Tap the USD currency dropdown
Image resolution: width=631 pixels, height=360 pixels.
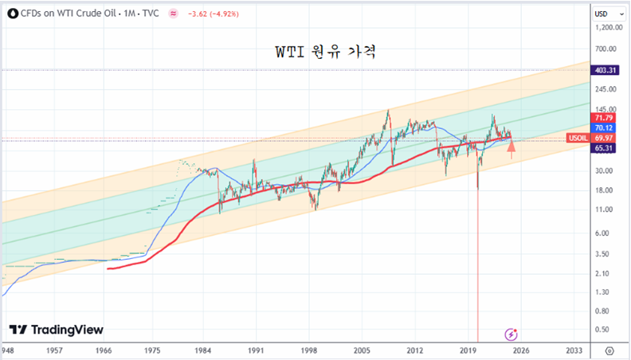[x=606, y=14]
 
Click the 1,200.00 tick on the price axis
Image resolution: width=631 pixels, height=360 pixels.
[x=606, y=28]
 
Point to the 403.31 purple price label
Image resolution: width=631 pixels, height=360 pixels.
[x=606, y=70]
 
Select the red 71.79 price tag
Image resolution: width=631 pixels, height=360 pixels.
[x=604, y=118]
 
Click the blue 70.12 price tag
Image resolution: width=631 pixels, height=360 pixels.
[x=604, y=127]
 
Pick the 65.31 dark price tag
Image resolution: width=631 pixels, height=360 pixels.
[x=604, y=148]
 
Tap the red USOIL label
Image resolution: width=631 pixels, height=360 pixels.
[x=578, y=139]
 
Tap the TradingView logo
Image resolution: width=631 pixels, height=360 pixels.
[x=57, y=330]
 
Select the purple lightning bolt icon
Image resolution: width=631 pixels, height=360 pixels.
[x=511, y=333]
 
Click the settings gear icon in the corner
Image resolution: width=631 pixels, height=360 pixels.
[x=609, y=350]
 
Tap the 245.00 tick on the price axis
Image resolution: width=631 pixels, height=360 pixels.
[x=606, y=89]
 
